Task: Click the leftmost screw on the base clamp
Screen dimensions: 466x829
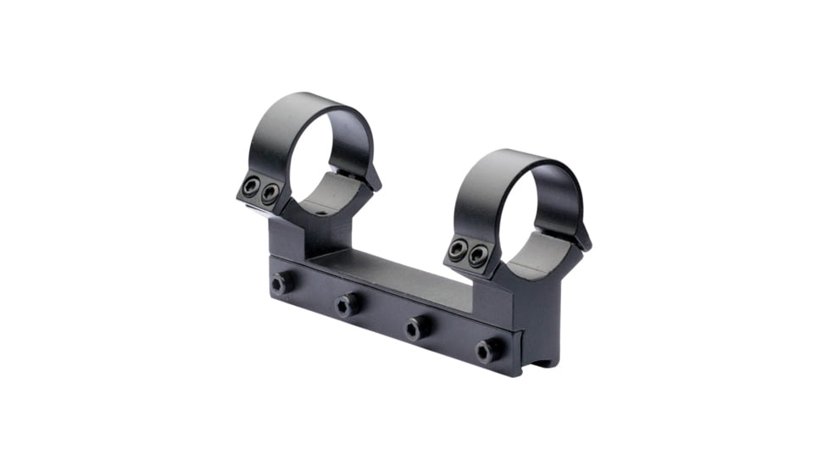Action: coord(280,284)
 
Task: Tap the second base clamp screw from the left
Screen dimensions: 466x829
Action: coord(346,304)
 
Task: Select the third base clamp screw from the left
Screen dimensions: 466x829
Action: coord(416,327)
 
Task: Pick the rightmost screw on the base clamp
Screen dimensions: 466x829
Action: coord(486,350)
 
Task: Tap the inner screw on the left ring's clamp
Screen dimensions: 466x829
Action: coord(270,195)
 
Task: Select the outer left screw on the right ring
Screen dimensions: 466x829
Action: coord(459,249)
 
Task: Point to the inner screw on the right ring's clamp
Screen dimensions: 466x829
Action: coord(479,254)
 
